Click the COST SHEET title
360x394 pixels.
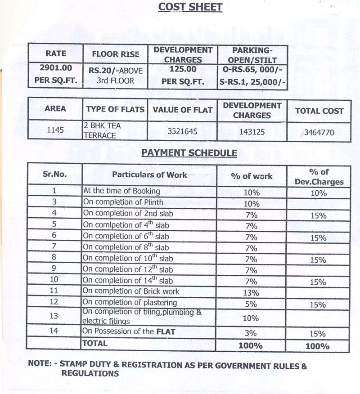pyautogui.click(x=189, y=8)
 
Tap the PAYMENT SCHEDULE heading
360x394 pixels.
pyautogui.click(x=189, y=153)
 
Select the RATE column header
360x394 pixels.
pyautogui.click(x=56, y=53)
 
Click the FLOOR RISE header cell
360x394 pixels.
pyautogui.click(x=116, y=54)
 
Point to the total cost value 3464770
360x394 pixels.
pyautogui.click(x=319, y=132)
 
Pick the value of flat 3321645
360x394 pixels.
pyautogui.click(x=182, y=132)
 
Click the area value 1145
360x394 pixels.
pyautogui.click(x=55, y=130)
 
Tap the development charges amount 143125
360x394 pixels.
pyautogui.click(x=252, y=132)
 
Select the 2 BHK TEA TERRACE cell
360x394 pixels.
pyautogui.click(x=102, y=130)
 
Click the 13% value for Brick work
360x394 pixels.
pyautogui.click(x=252, y=293)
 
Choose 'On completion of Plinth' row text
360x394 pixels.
pyautogui.click(x=123, y=202)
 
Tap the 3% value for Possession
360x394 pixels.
pyautogui.click(x=251, y=333)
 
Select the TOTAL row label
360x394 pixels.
pyautogui.click(x=94, y=343)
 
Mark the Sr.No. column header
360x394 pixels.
pyautogui.click(x=54, y=175)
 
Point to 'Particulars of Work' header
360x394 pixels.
pyautogui.click(x=149, y=175)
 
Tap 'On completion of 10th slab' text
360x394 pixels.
pyautogui.click(x=128, y=259)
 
